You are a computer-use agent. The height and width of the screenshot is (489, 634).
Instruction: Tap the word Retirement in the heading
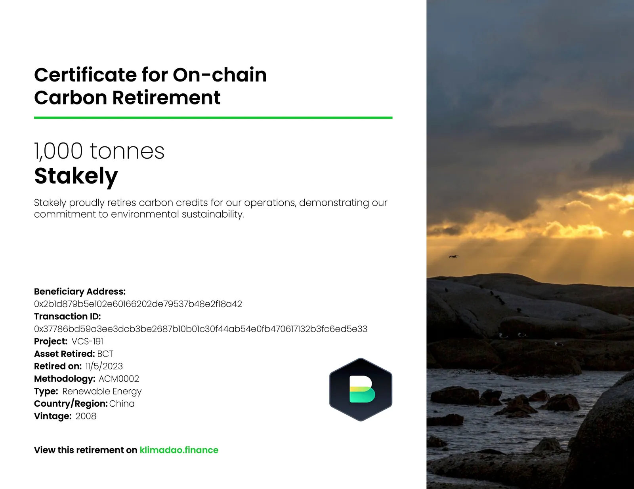tap(166, 97)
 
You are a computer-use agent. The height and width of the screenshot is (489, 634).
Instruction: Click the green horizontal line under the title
tap(213, 118)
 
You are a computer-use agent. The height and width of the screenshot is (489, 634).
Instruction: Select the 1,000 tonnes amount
tap(99, 151)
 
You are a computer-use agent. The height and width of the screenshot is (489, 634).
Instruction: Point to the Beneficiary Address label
tap(80, 291)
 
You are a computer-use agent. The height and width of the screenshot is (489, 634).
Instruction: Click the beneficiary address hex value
tap(138, 304)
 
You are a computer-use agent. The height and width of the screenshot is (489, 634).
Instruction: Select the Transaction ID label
tap(67, 316)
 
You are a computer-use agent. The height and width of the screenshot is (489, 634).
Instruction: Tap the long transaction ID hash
tap(201, 329)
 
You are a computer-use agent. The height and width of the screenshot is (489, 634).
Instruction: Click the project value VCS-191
tap(87, 341)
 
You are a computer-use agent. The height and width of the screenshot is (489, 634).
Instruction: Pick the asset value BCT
tap(105, 354)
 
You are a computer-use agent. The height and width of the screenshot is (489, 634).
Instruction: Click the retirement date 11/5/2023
tap(104, 366)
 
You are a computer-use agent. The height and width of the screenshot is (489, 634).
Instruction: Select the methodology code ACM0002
tap(119, 379)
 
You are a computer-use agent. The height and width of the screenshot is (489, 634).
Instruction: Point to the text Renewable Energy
tap(102, 391)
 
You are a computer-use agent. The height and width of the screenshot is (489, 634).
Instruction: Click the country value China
tap(122, 404)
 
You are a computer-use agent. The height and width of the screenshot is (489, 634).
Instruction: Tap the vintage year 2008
tap(86, 416)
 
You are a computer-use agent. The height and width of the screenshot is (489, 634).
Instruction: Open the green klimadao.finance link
tap(179, 450)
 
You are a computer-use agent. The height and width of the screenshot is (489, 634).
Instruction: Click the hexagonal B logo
tap(361, 390)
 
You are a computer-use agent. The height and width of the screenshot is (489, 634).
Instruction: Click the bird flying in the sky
tap(453, 256)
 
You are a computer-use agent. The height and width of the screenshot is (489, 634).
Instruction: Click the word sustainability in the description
tap(213, 214)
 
